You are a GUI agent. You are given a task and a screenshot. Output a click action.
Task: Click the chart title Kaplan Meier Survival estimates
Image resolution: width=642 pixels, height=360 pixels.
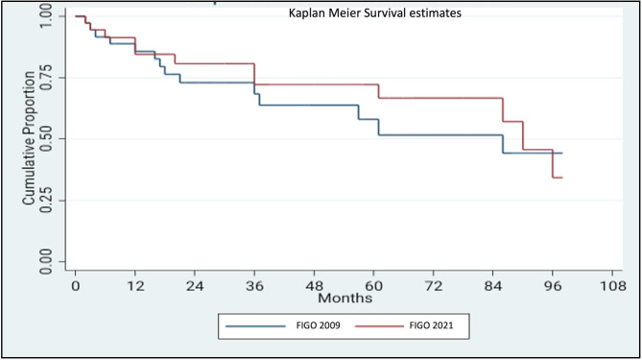pyautogui.click(x=375, y=13)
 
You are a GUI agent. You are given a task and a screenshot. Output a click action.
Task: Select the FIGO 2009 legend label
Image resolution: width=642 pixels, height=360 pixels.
pyautogui.click(x=319, y=325)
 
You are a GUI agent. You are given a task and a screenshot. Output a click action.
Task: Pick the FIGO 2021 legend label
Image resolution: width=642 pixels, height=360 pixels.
pyautogui.click(x=431, y=325)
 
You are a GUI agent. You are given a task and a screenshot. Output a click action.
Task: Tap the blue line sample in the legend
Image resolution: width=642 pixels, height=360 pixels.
pyautogui.click(x=255, y=326)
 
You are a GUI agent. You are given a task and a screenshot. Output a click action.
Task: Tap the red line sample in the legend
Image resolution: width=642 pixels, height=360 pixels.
pyautogui.click(x=379, y=326)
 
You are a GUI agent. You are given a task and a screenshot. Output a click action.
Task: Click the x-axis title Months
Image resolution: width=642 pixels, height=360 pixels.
pyautogui.click(x=345, y=298)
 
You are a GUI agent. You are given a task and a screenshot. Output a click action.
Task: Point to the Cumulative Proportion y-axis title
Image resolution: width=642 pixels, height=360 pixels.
pyautogui.click(x=29, y=138)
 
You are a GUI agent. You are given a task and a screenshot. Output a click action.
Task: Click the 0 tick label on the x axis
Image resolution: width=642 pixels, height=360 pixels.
pyautogui.click(x=76, y=285)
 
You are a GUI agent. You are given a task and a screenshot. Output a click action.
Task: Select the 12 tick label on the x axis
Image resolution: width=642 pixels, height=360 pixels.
pyautogui.click(x=135, y=285)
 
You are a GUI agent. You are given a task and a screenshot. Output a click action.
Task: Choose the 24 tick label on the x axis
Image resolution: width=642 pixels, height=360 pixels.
pyautogui.click(x=195, y=285)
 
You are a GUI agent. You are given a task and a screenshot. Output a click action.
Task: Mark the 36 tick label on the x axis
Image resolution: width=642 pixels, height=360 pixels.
pyautogui.click(x=254, y=285)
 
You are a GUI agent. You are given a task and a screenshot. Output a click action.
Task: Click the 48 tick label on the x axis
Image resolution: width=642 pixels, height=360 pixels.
pyautogui.click(x=314, y=285)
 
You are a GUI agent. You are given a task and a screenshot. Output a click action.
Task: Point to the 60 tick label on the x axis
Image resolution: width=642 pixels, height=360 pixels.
pyautogui.click(x=374, y=285)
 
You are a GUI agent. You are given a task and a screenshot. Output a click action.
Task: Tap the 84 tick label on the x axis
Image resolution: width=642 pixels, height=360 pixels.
pyautogui.click(x=493, y=285)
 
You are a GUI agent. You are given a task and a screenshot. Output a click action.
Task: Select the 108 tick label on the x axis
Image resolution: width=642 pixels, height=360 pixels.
pyautogui.click(x=612, y=285)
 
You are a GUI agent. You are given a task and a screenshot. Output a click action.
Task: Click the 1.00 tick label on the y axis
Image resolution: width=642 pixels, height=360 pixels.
pyautogui.click(x=46, y=16)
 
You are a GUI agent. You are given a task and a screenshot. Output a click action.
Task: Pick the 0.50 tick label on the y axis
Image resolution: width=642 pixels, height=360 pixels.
pyautogui.click(x=46, y=139)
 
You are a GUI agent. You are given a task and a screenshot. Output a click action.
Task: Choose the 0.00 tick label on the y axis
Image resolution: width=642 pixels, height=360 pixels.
pyautogui.click(x=46, y=261)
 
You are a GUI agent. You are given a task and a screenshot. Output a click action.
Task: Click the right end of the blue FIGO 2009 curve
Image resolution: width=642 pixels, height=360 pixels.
pyautogui.click(x=562, y=154)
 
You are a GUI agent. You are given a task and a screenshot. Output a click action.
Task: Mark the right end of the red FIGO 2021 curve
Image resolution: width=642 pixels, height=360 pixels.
pyautogui.click(x=562, y=178)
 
